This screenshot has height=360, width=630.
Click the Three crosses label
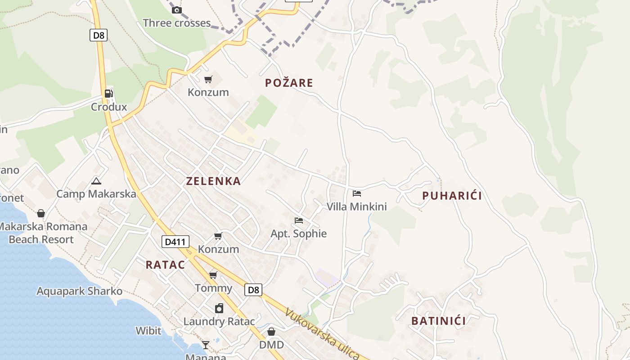click(176, 23)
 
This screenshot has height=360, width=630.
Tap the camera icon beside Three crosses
click(177, 10)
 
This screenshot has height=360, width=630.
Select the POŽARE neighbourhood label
click(289, 83)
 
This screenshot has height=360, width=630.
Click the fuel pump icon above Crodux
click(108, 94)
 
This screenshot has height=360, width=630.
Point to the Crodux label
click(109, 107)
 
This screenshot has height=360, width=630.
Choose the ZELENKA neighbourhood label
click(213, 181)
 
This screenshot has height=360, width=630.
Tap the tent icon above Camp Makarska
click(96, 181)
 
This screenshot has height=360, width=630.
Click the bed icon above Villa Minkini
click(357, 193)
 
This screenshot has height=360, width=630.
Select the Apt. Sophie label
click(298, 234)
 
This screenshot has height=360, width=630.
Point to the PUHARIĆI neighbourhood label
click(452, 196)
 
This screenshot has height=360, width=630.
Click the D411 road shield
click(175, 242)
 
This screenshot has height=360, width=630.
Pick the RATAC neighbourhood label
click(165, 265)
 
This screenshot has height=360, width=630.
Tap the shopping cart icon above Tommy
click(213, 275)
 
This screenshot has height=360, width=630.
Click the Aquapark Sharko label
click(79, 291)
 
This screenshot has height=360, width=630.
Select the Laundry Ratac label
click(219, 321)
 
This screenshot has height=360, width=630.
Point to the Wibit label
click(148, 331)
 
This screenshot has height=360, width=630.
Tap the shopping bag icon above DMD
click(271, 332)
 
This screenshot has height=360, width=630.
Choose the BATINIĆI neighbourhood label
click(438, 321)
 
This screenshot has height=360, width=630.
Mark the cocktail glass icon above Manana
click(206, 345)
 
